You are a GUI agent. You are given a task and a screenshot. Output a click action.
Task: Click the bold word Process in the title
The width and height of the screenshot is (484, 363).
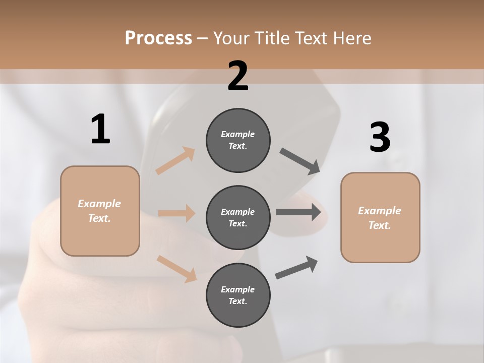coord(158,38)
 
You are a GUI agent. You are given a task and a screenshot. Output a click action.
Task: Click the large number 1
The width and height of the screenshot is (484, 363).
coord(100,129)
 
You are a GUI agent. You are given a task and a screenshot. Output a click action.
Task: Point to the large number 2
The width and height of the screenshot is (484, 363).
coord(238,76)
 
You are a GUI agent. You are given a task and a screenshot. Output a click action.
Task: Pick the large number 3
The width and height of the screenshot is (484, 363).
coord(380,137)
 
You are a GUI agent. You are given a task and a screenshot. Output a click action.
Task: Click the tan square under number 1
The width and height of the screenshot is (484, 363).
coord(100,211)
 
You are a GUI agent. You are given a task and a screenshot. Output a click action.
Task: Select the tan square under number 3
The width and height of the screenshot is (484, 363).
coord(380,217)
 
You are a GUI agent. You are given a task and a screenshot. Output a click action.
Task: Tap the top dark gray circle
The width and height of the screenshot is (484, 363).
coord(238,140)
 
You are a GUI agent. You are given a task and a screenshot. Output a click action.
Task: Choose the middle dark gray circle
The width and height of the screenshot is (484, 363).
coord(238,217)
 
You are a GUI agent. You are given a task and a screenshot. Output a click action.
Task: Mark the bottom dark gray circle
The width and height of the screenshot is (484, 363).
coord(238,295)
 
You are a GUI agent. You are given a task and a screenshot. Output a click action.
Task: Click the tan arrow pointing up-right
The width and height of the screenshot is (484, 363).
coord(175,160)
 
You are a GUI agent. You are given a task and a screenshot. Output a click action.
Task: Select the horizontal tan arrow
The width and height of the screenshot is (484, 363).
coord(176,213)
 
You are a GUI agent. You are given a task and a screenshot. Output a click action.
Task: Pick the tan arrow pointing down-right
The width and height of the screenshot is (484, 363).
coord(176,269)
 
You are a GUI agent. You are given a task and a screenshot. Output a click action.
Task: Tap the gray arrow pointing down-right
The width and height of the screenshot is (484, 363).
coord(300,161)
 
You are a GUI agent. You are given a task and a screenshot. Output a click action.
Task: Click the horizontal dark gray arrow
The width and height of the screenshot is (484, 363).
coord(298,212)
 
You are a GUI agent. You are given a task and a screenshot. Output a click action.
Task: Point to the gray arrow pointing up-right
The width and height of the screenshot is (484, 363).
coord(296,267)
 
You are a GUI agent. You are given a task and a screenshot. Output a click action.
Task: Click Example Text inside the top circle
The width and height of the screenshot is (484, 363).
coord(238,140)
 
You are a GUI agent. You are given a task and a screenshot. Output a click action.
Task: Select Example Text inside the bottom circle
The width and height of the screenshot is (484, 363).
coord(238,295)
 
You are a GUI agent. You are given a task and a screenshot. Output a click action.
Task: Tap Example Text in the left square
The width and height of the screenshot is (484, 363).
coord(99,211)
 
